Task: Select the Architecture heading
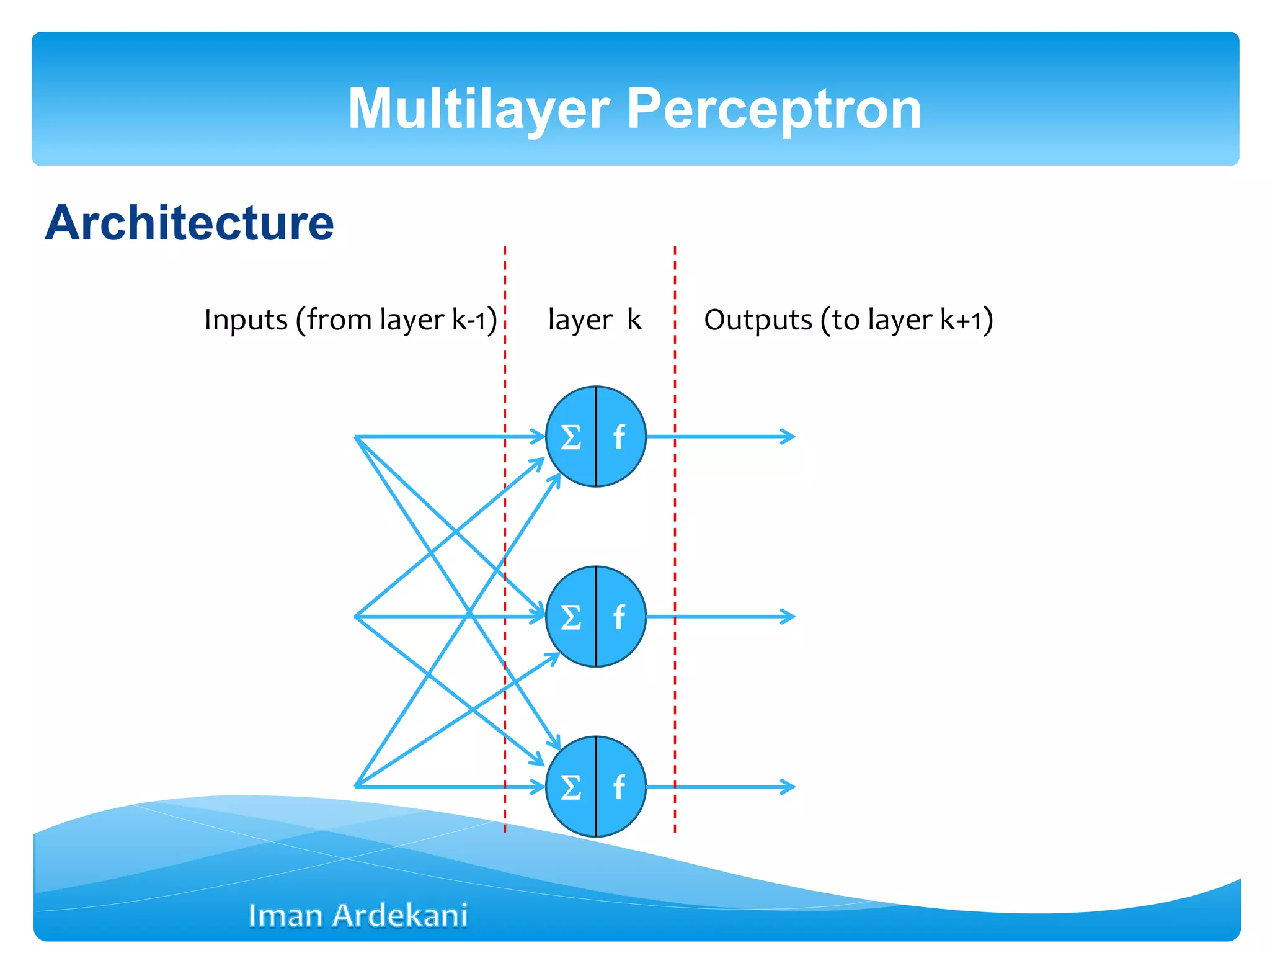pos(189,223)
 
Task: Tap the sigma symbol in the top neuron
pos(571,437)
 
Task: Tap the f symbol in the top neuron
pos(619,437)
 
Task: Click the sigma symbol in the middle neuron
pos(571,617)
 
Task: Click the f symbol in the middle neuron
pos(619,617)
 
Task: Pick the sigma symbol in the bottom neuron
pos(571,787)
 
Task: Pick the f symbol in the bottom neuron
pos(619,787)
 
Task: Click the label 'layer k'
pos(594,320)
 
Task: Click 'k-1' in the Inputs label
pos(469,320)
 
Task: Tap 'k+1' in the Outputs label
pos(961,320)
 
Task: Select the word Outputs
pos(758,320)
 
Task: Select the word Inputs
pos(246,320)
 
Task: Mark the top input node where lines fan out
pos(356,437)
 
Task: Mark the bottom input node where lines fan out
pos(356,786)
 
